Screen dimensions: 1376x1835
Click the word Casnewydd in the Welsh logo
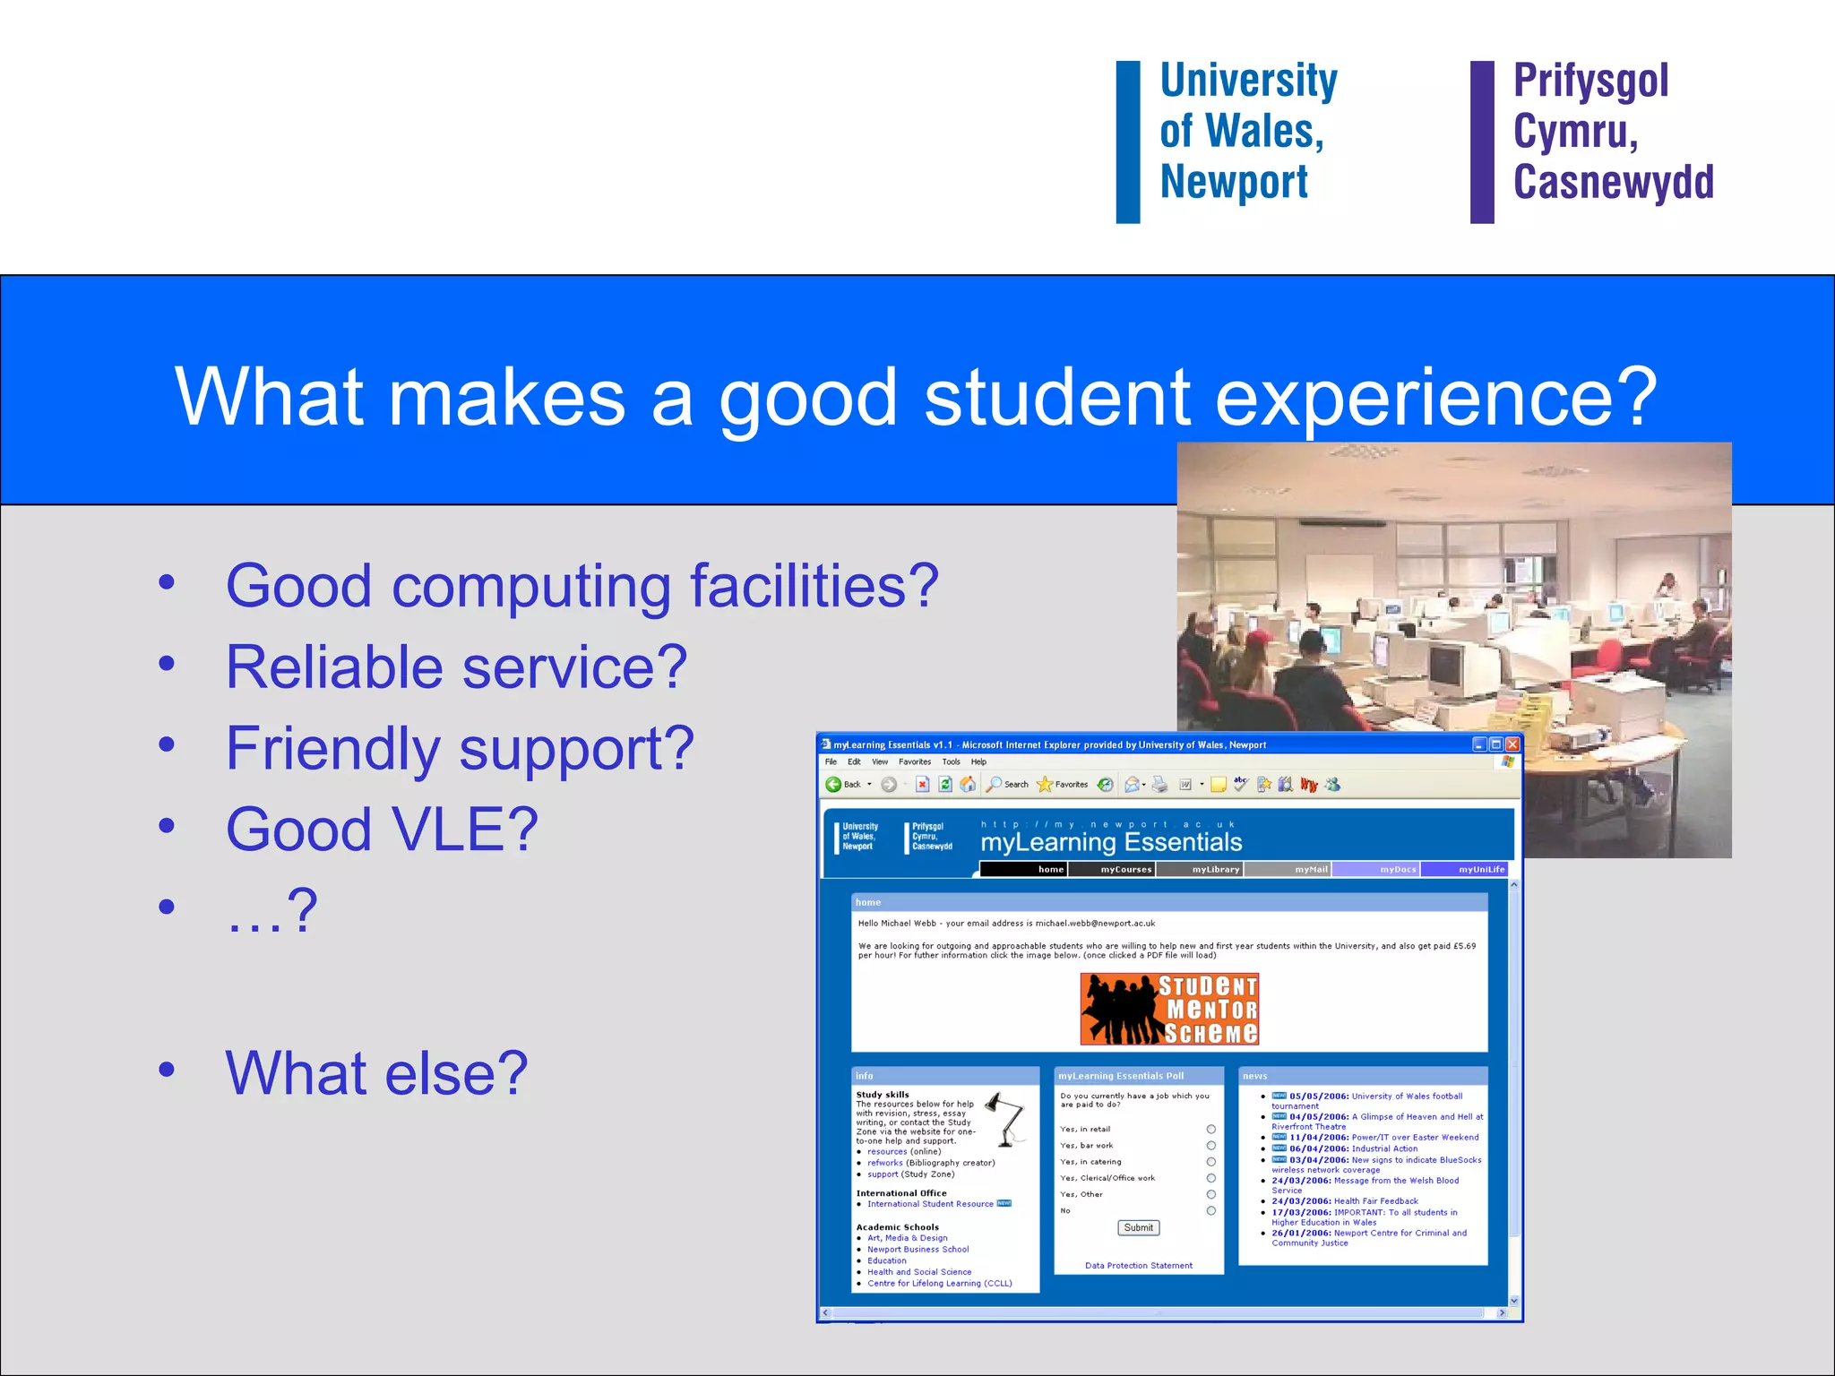click(x=1613, y=182)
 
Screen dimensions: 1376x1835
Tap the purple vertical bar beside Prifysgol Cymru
click(x=1482, y=142)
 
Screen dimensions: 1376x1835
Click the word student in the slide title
click(x=1056, y=397)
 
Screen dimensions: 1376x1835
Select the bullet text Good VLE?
click(x=382, y=829)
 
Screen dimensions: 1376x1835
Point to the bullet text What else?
click(x=376, y=1072)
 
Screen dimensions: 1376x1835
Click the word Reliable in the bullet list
click(x=334, y=667)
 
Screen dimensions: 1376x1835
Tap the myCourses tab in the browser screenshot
click(x=1124, y=869)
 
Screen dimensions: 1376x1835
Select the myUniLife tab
click(x=1480, y=869)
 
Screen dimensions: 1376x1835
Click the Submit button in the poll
click(x=1138, y=1227)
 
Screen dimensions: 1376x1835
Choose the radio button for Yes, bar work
click(x=1210, y=1146)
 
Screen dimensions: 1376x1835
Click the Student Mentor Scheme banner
click(x=1168, y=1009)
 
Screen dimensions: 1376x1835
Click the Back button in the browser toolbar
click(x=842, y=785)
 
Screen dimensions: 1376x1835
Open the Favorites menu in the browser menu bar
click(x=914, y=762)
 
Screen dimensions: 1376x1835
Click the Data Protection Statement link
click(x=1138, y=1266)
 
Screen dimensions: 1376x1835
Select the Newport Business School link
click(x=917, y=1249)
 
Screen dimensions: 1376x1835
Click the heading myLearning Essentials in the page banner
click(x=1111, y=842)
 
